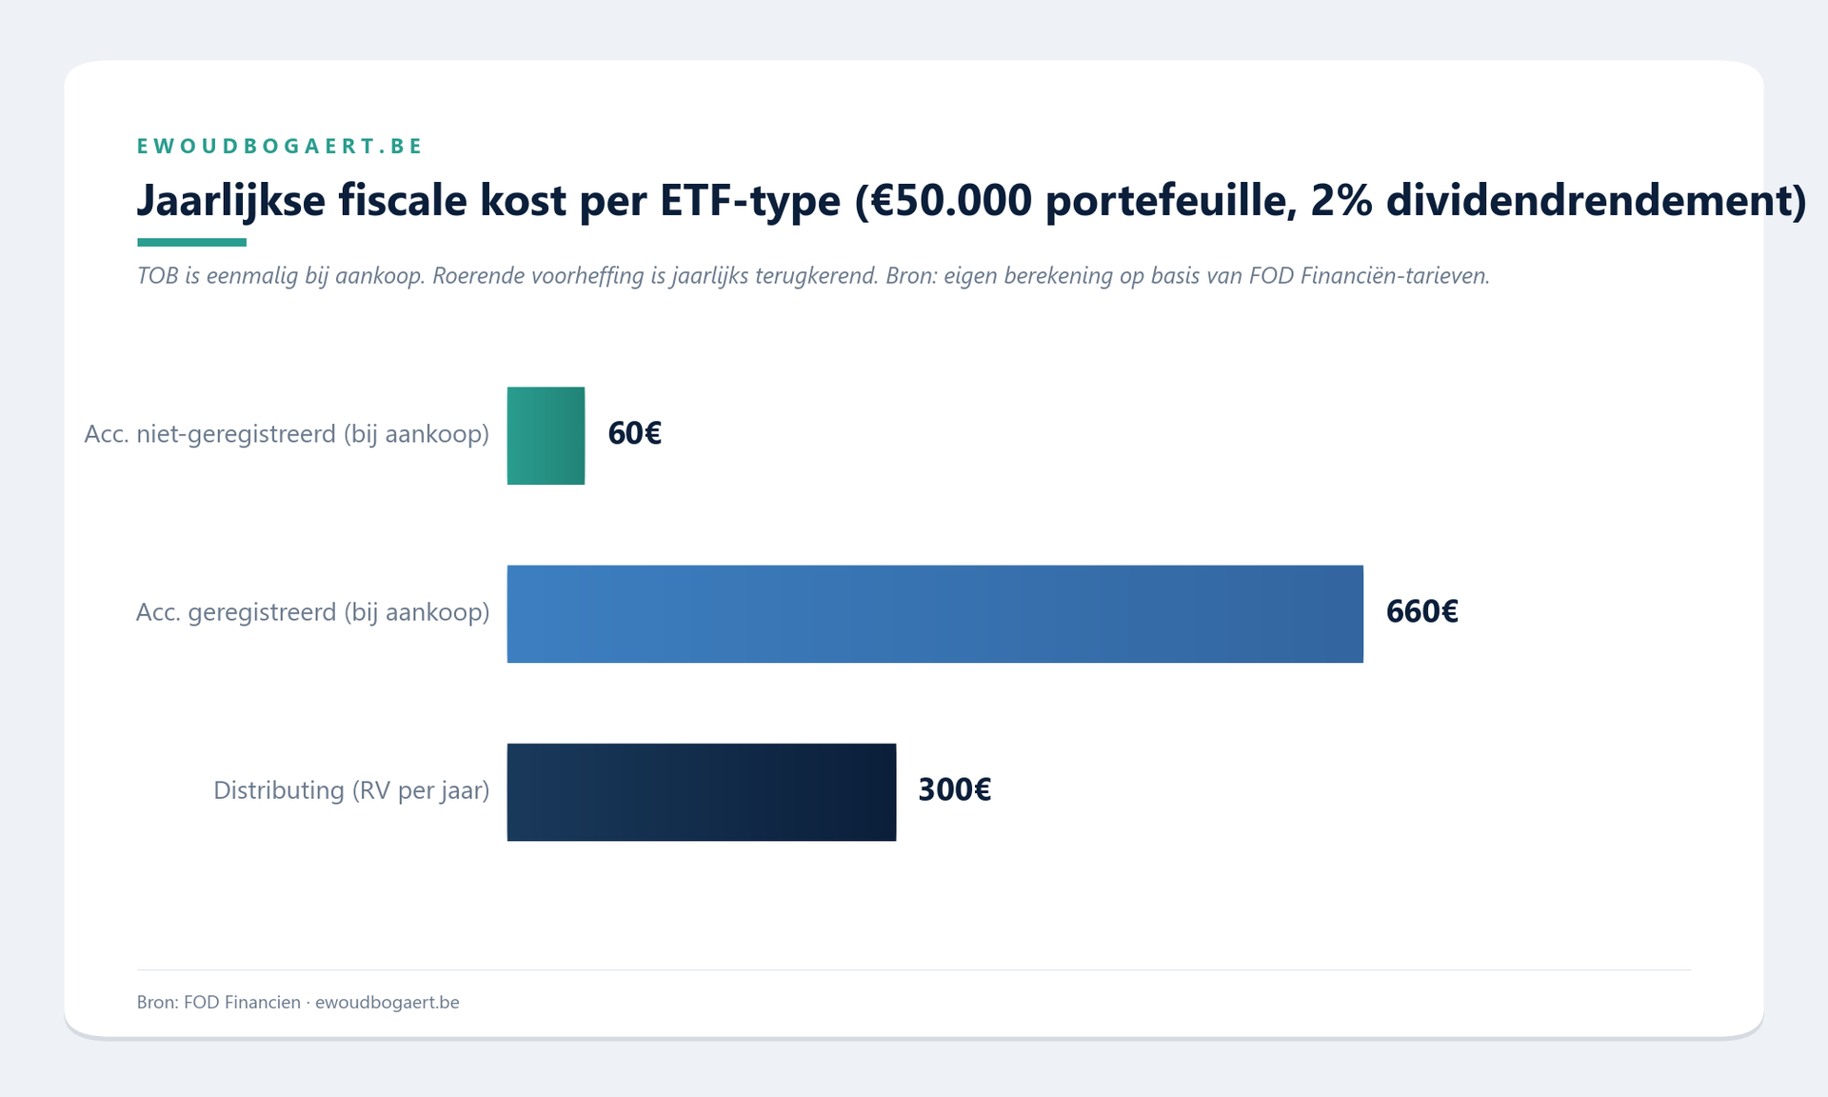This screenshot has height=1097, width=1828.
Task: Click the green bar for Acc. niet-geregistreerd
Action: click(546, 435)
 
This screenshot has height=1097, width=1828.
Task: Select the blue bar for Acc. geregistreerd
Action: click(934, 613)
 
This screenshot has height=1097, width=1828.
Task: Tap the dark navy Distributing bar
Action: click(701, 791)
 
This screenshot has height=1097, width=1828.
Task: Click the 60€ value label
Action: click(634, 433)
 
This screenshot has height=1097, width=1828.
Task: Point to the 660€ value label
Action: click(1421, 611)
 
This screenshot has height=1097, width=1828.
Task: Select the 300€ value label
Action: click(954, 789)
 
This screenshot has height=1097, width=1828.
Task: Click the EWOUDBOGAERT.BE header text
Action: click(280, 146)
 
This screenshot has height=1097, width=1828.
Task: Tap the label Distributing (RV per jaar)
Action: click(351, 790)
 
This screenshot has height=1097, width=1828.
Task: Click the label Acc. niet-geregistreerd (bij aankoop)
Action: click(287, 434)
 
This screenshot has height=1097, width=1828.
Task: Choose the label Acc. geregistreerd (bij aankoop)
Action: click(312, 612)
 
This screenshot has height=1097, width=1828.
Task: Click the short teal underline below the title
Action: click(191, 242)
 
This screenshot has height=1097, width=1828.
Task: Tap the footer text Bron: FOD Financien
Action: click(218, 1002)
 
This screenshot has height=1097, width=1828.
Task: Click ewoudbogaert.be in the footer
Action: click(387, 1002)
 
